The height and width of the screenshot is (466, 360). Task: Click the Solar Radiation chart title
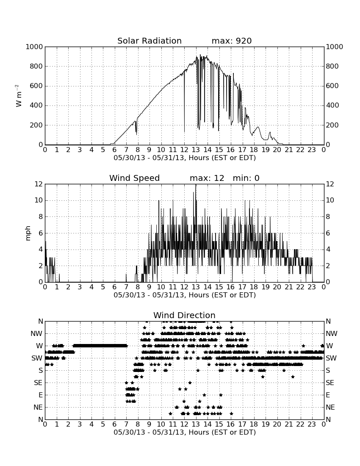(x=150, y=41)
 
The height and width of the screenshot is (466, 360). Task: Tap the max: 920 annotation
(x=232, y=41)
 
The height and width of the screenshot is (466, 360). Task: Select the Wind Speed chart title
(x=135, y=178)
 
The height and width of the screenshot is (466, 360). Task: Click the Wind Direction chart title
(x=185, y=315)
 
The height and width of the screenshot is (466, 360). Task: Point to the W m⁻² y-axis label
(x=18, y=96)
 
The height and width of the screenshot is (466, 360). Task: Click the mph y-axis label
(x=28, y=233)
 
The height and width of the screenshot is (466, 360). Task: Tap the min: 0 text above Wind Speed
(x=246, y=178)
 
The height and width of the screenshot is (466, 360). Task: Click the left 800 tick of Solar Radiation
(x=36, y=66)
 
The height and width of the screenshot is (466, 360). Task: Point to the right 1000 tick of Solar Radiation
(x=335, y=47)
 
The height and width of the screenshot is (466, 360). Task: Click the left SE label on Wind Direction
(x=38, y=383)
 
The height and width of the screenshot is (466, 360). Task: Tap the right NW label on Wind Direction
(x=332, y=334)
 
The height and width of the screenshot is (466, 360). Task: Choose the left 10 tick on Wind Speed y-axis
(x=39, y=200)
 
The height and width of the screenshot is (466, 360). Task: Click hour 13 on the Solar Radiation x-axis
(x=196, y=150)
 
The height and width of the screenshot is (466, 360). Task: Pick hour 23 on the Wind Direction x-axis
(x=312, y=424)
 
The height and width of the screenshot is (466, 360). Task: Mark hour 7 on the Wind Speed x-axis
(x=126, y=287)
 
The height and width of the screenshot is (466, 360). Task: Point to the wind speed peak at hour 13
(x=196, y=185)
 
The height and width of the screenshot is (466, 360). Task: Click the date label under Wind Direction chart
(x=185, y=432)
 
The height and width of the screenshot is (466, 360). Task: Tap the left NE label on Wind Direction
(x=38, y=408)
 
